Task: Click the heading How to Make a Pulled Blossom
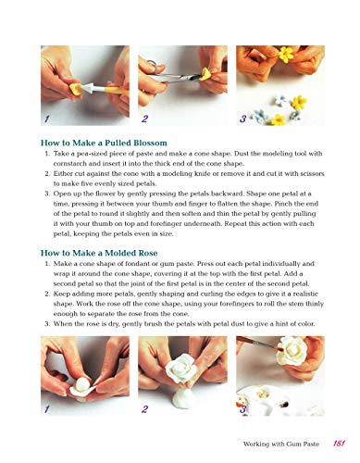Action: pos(104,143)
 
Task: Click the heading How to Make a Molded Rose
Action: pos(99,253)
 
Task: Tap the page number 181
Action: pos(339,444)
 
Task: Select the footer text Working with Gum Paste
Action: pos(281,444)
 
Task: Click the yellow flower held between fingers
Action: pos(286,55)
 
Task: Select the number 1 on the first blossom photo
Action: pos(47,119)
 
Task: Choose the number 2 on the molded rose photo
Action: pos(144,409)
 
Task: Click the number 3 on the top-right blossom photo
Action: pos(243,119)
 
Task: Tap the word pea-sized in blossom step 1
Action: pos(81,154)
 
